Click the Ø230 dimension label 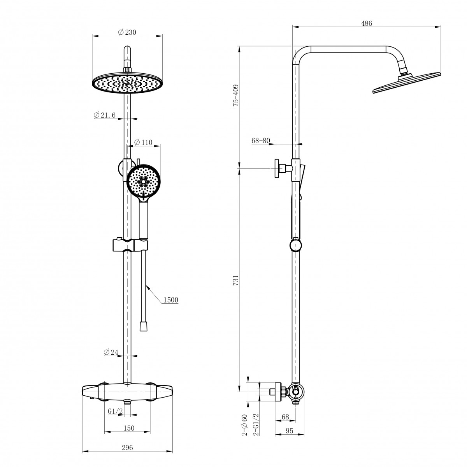[x=127, y=32]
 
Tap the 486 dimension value [x=366, y=23]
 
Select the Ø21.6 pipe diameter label [x=105, y=115]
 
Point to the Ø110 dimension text [x=143, y=142]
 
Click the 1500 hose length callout [x=171, y=300]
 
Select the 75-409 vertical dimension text [x=235, y=95]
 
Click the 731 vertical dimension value [x=235, y=280]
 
